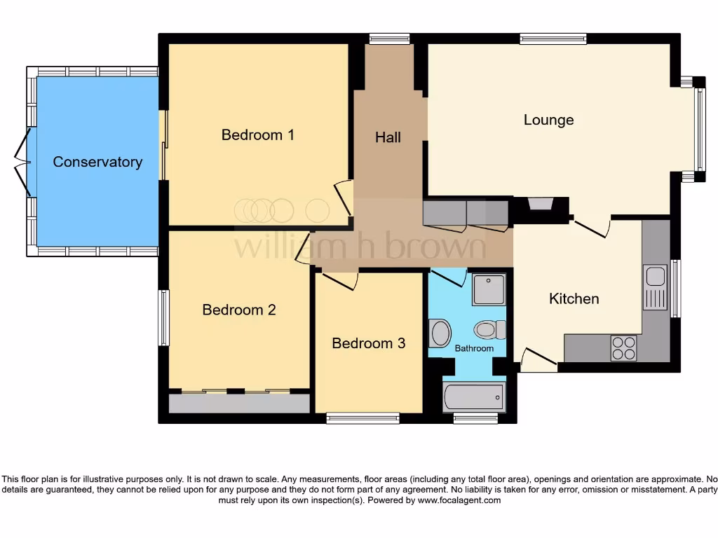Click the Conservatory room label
pos(97,162)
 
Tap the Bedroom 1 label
pos(257,134)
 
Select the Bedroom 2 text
pos(239,310)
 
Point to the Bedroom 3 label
pos(368,343)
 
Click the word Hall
pos(388,137)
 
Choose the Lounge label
pos(548,120)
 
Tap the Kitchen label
pos(574,299)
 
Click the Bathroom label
pos(474,348)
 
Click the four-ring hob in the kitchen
pos(623,348)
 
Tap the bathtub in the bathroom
pos(474,397)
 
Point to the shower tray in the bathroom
pos(488,289)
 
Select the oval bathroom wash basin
pos(440,333)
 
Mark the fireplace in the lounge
pos(541,205)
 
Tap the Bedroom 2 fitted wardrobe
pos(239,403)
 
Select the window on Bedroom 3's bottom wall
pos(363,418)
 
